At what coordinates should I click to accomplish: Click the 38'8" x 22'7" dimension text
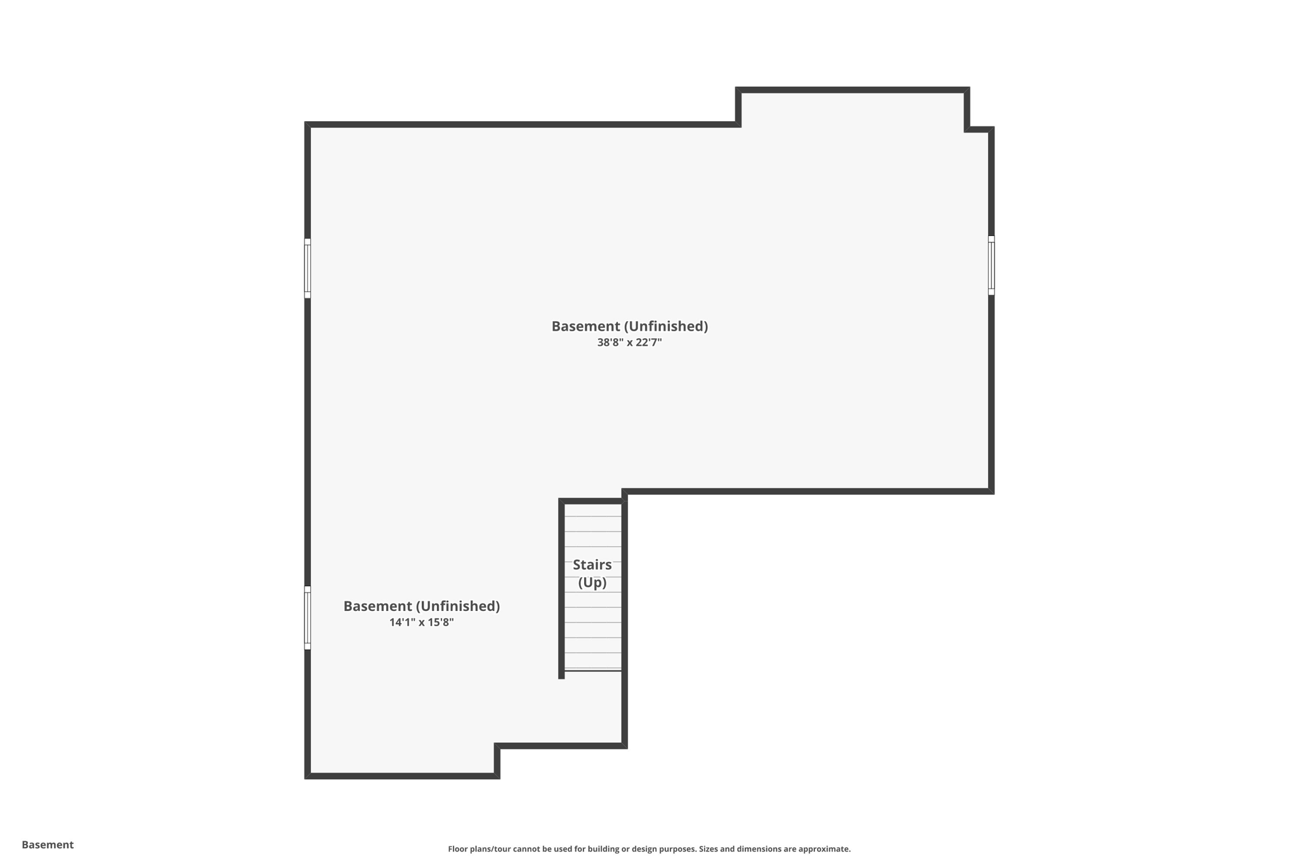pyautogui.click(x=629, y=343)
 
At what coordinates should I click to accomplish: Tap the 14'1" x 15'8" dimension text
pyautogui.click(x=421, y=622)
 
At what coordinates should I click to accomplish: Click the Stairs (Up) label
pyautogui.click(x=592, y=573)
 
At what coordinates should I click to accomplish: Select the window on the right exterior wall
pyautogui.click(x=991, y=265)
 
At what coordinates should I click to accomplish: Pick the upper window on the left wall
pyautogui.click(x=308, y=268)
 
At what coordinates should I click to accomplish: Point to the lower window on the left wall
pyautogui.click(x=308, y=617)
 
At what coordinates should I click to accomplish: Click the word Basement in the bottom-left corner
pyautogui.click(x=48, y=844)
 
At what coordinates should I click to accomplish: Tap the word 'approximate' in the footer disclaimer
pyautogui.click(x=823, y=849)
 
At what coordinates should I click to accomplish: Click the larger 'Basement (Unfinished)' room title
pyautogui.click(x=629, y=326)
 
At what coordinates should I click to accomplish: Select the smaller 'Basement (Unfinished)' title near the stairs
pyautogui.click(x=421, y=606)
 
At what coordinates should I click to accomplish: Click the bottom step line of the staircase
pyautogui.click(x=593, y=670)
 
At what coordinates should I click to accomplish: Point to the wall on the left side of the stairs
pyautogui.click(x=561, y=590)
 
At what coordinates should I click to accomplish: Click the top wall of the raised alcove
pyautogui.click(x=852, y=90)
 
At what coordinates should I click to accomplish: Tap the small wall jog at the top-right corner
pyautogui.click(x=979, y=129)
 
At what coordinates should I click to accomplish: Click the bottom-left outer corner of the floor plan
pyautogui.click(x=308, y=775)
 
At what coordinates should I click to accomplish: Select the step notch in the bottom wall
pyautogui.click(x=497, y=760)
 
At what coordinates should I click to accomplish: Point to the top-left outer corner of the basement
pyautogui.click(x=308, y=125)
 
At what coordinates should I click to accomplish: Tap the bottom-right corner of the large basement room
pyautogui.click(x=991, y=490)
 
